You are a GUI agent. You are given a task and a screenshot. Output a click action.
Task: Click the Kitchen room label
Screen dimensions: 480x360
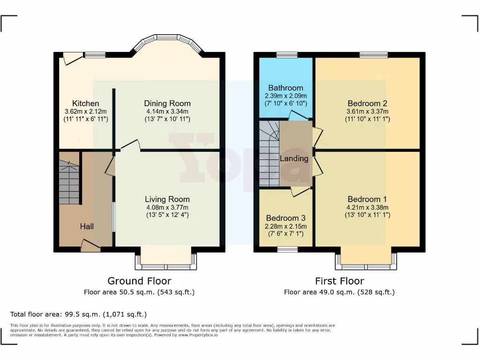click(x=86, y=104)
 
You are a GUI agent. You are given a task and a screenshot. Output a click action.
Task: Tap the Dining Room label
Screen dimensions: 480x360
click(x=167, y=104)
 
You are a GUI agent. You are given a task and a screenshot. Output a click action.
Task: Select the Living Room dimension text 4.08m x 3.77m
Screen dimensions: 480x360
click(x=167, y=207)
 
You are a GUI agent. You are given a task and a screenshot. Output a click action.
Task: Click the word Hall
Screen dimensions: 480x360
click(x=87, y=226)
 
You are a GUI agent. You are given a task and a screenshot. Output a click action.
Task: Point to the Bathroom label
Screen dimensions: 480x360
click(x=285, y=88)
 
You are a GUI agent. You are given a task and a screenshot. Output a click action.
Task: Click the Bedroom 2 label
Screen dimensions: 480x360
click(x=367, y=104)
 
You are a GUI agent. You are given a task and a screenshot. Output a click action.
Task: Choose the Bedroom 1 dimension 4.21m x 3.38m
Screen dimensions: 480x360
click(x=367, y=207)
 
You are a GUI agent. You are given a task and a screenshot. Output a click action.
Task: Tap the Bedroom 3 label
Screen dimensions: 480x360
click(x=285, y=218)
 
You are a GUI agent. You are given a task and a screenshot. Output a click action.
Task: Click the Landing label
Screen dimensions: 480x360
click(x=294, y=158)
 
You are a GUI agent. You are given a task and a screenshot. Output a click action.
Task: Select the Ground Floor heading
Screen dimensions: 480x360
click(x=139, y=281)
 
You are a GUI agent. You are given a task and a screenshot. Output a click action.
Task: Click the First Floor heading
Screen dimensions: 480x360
click(x=339, y=281)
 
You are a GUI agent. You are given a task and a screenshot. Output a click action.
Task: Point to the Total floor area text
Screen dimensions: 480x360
click(x=78, y=315)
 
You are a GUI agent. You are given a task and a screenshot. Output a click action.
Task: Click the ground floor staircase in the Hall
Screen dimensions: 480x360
click(x=69, y=182)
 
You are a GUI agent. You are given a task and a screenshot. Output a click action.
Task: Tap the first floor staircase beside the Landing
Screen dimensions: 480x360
click(x=269, y=153)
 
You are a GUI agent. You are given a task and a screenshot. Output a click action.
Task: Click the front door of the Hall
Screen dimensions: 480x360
click(x=90, y=246)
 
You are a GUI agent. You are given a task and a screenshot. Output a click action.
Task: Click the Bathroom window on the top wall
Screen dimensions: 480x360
click(x=287, y=55)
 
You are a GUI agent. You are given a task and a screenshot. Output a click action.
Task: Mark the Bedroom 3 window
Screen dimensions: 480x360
click(x=287, y=249)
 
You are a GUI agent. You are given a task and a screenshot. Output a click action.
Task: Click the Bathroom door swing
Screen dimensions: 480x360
click(x=299, y=115)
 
